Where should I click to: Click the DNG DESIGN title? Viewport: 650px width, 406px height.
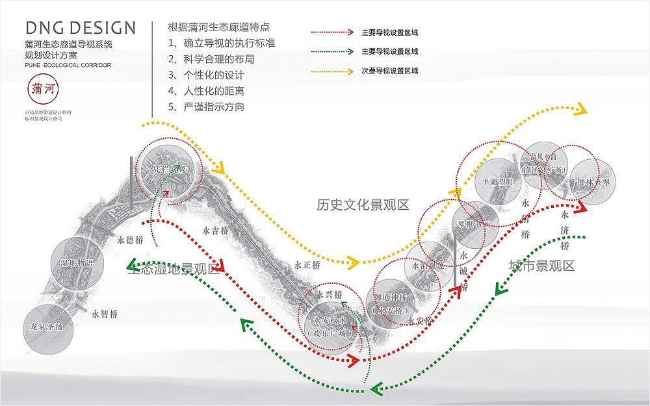click(81, 28)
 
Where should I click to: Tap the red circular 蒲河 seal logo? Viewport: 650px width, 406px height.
click(44, 92)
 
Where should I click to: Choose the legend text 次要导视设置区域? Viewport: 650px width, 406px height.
click(389, 70)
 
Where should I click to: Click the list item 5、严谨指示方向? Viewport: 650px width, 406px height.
click(206, 107)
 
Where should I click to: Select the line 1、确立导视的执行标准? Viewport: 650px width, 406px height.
click(221, 44)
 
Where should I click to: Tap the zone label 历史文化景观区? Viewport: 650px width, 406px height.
click(363, 205)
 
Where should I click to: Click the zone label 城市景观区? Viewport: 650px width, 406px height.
click(541, 265)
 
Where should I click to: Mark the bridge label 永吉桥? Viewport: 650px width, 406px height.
click(215, 231)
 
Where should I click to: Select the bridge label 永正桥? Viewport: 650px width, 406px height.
click(307, 265)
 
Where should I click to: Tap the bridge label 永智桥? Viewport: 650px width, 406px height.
click(104, 314)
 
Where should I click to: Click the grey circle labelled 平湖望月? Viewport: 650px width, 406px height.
click(498, 182)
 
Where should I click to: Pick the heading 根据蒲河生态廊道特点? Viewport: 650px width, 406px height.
click(218, 27)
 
